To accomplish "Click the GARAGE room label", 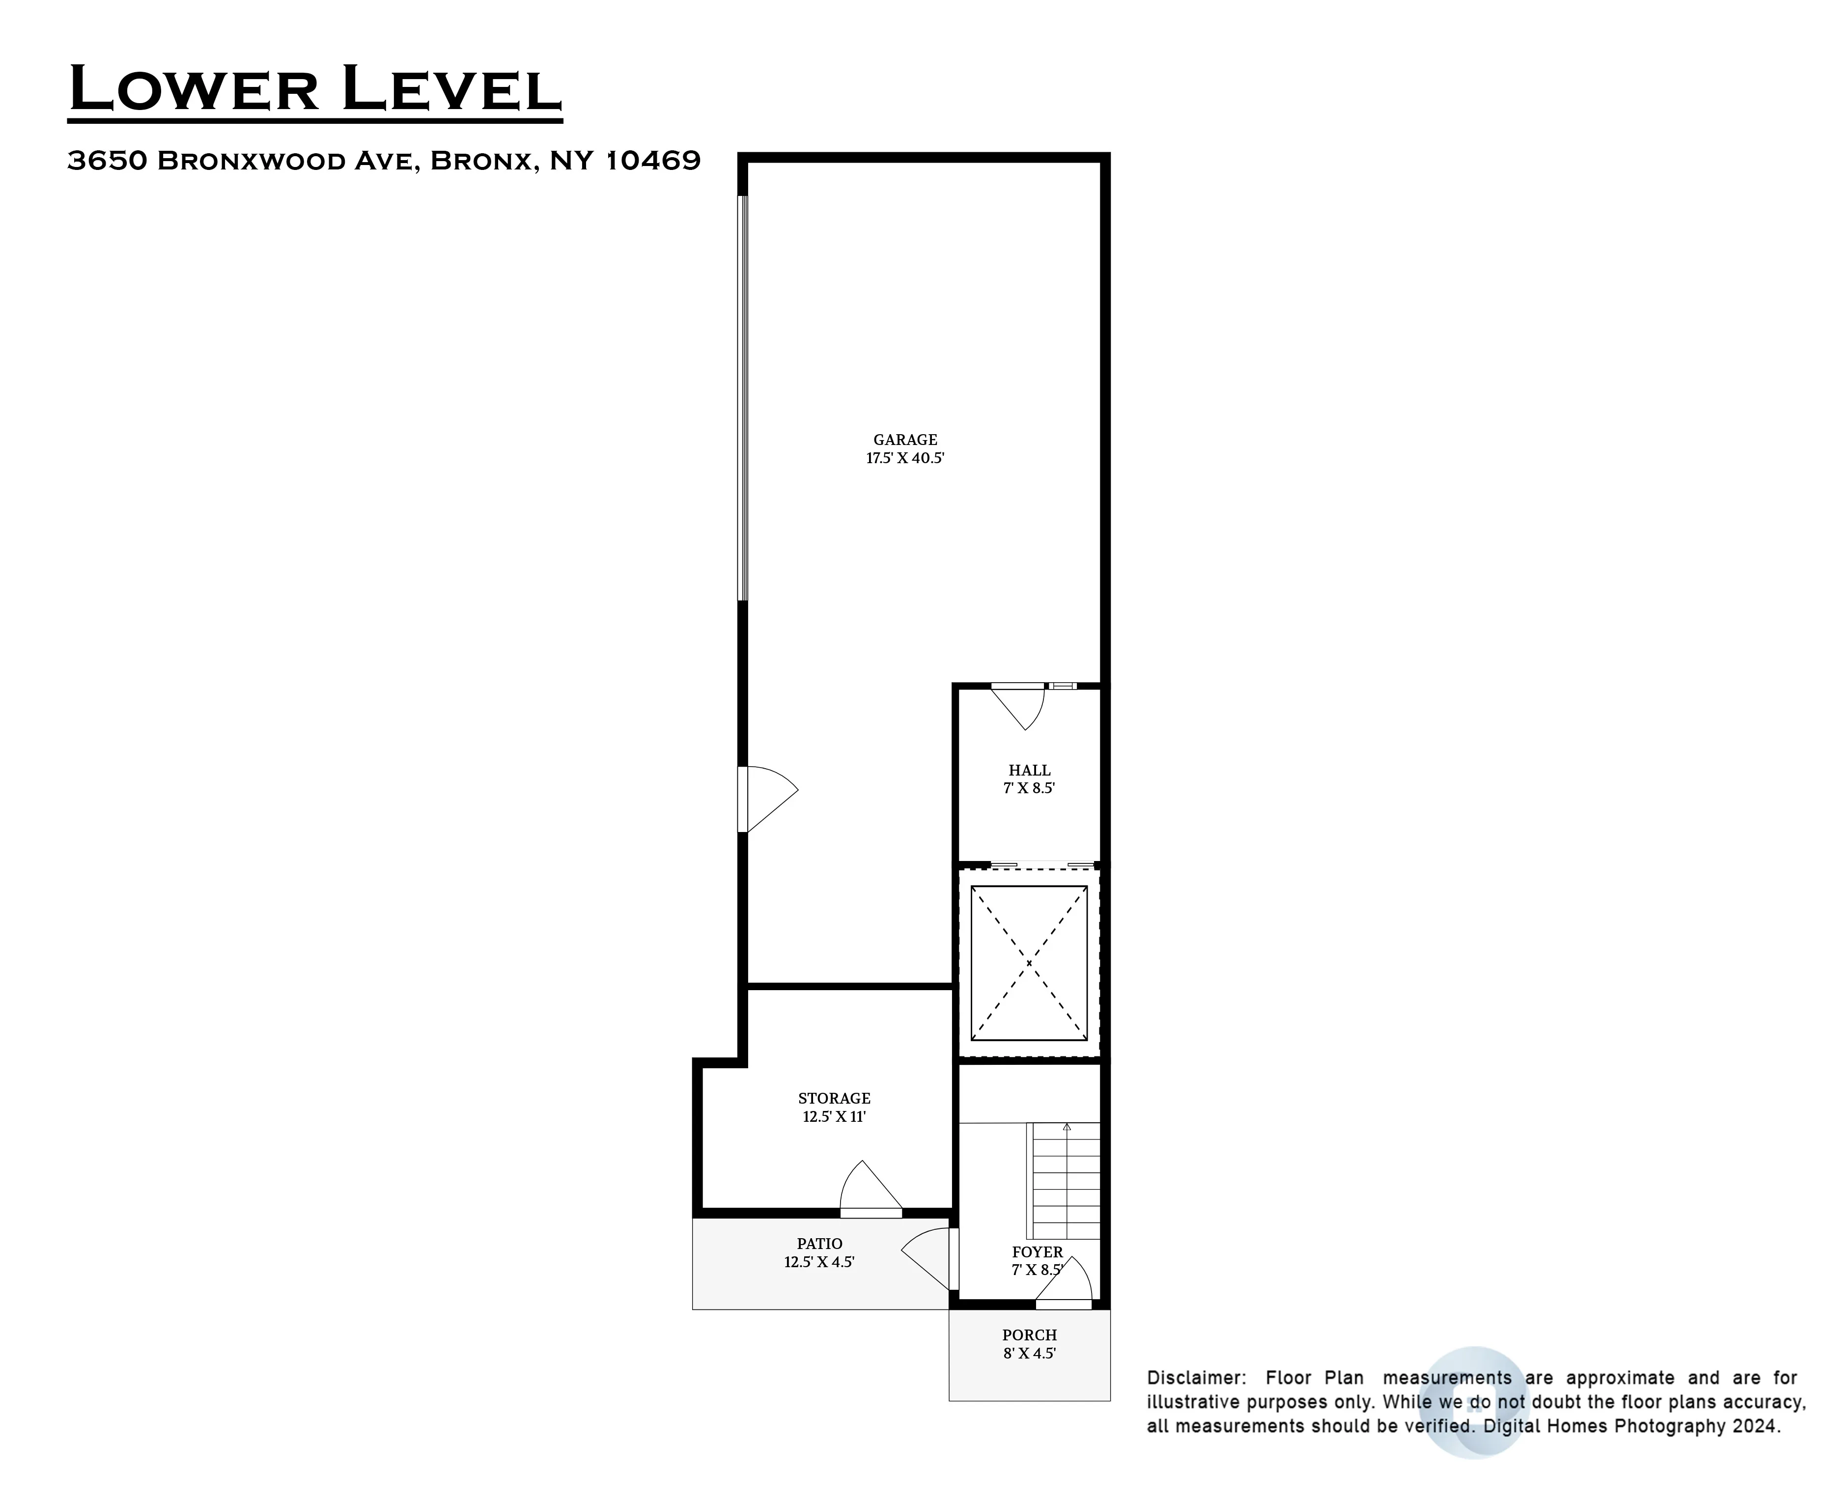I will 904,440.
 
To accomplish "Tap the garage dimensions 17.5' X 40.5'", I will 904,459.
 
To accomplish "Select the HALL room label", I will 1029,770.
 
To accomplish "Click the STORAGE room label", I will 834,1098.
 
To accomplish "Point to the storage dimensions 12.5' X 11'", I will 834,1116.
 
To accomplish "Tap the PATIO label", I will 819,1244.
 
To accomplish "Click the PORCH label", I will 1029,1335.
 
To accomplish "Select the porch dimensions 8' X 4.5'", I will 1029,1353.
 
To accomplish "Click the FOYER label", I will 1037,1252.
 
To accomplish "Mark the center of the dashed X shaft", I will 1029,963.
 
